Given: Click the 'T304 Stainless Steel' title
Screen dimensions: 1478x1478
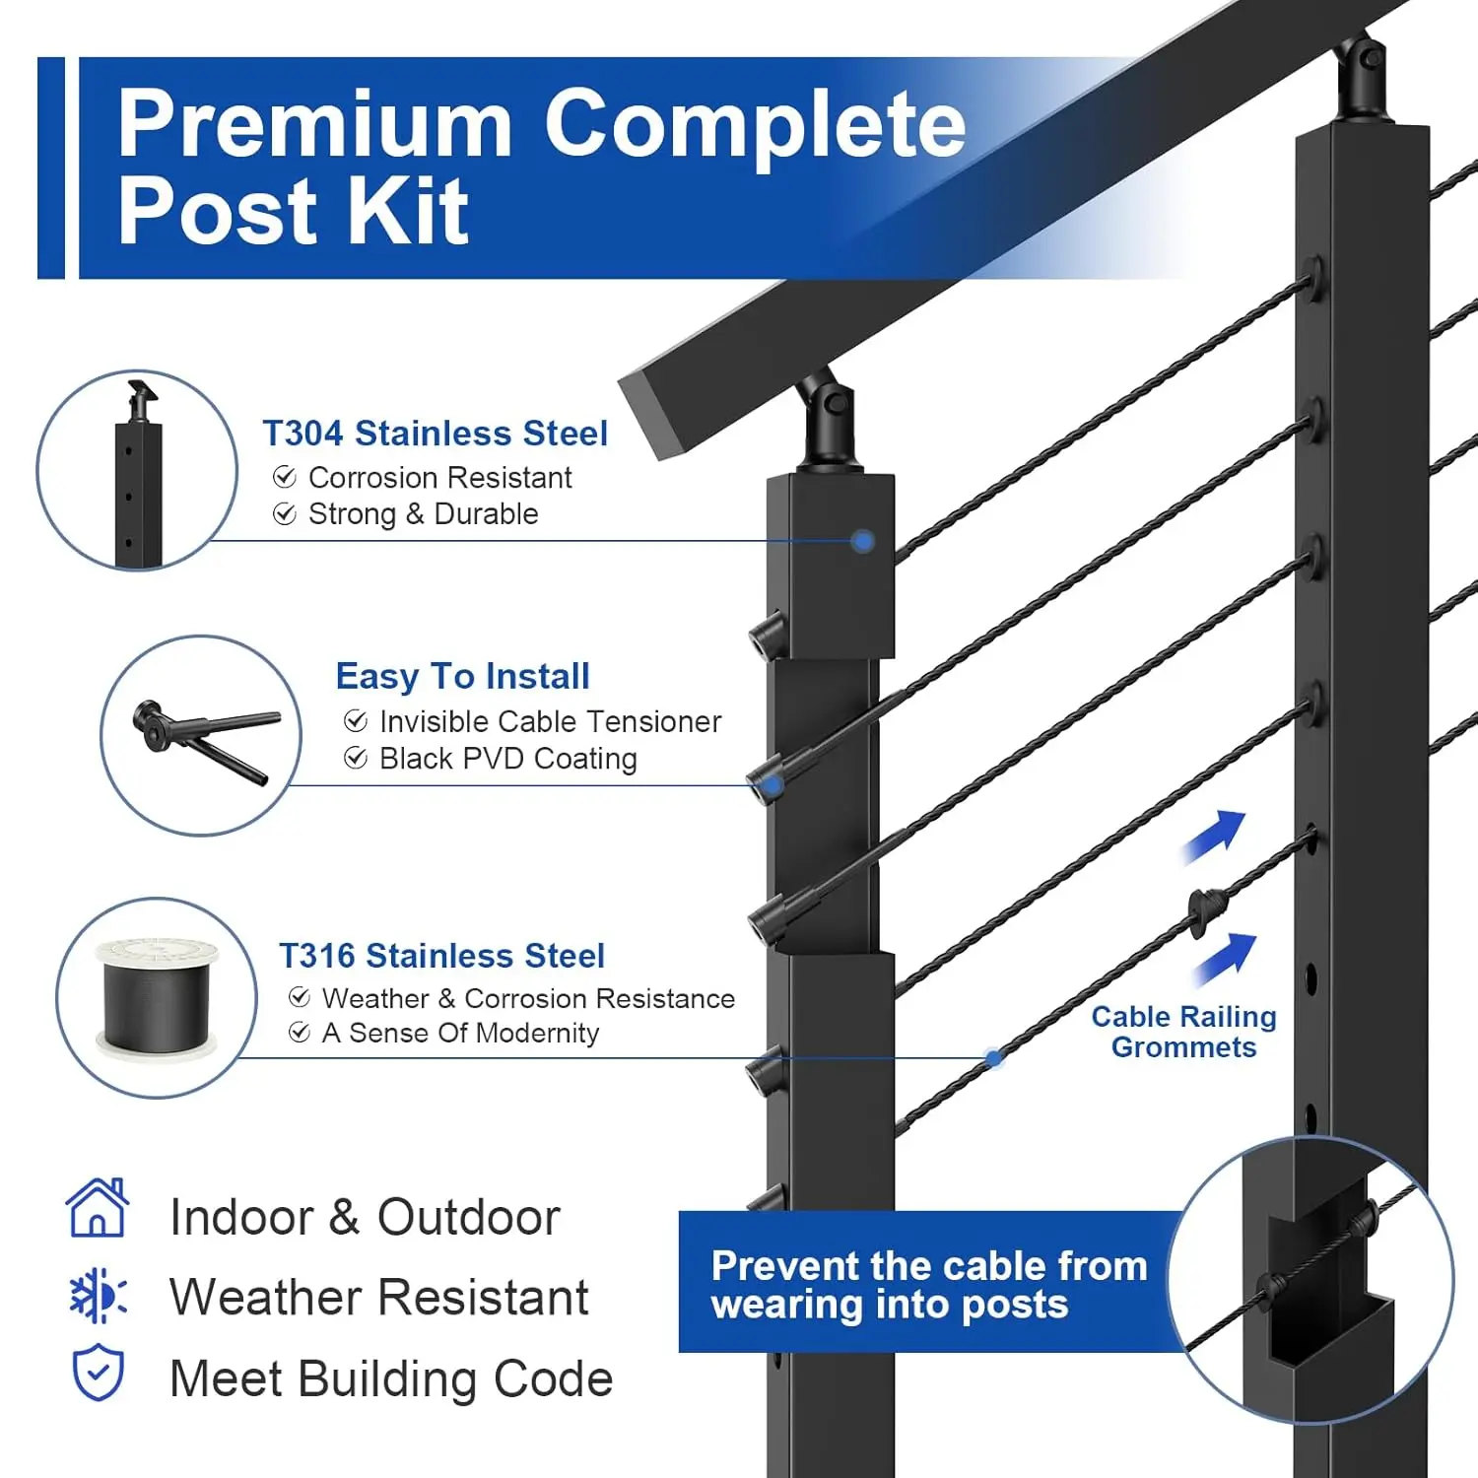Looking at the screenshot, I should point(435,434).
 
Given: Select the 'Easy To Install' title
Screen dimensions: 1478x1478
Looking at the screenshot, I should point(462,677).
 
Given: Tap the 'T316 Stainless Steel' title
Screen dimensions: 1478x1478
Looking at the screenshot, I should point(441,956).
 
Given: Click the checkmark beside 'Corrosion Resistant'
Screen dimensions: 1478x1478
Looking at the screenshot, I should point(285,478).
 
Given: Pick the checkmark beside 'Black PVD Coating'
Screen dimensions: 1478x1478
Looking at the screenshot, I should point(356,758).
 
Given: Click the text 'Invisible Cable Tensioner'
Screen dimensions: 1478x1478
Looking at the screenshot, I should point(550,721).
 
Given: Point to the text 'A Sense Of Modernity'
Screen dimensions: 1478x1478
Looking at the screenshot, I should point(460,1033).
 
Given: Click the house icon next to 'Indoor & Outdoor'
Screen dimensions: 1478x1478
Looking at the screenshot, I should point(97,1208).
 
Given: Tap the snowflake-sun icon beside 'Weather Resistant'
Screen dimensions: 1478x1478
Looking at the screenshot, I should point(98,1296).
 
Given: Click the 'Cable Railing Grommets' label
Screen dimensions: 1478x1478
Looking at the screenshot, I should point(1183,1032).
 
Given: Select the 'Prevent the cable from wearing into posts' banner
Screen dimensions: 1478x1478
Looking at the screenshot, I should point(928,1284).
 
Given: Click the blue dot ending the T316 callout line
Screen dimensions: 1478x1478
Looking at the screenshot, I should point(994,1058).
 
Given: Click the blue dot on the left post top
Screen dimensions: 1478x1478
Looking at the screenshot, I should point(863,541).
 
